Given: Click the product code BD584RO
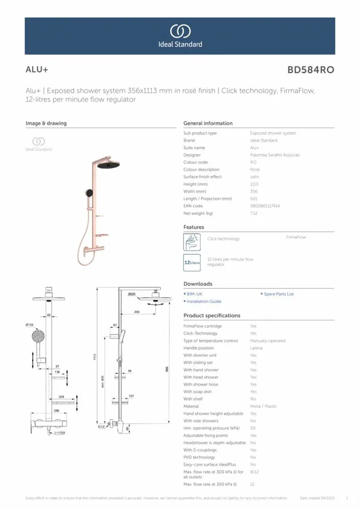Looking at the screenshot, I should [x=310, y=70].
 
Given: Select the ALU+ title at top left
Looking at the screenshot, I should [x=37, y=70].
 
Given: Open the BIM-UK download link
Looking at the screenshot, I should [x=194, y=294].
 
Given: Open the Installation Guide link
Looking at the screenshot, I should [x=204, y=301].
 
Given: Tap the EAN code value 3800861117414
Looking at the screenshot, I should [x=265, y=206].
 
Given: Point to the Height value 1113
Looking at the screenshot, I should [x=254, y=184].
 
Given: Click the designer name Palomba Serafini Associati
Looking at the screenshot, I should [x=275, y=155].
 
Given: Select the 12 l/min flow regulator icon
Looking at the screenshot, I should [x=192, y=262].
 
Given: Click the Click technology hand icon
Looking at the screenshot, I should [x=192, y=242].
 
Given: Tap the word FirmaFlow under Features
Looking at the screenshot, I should [x=296, y=237].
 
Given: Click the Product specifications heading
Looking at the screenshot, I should [x=212, y=316].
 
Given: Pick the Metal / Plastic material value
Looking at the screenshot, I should [x=263, y=406].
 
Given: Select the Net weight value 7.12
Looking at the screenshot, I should [x=254, y=213].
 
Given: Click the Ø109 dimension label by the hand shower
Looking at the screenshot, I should [x=29, y=325].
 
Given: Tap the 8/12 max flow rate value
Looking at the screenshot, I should [x=254, y=472].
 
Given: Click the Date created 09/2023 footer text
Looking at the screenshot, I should [x=317, y=498].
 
